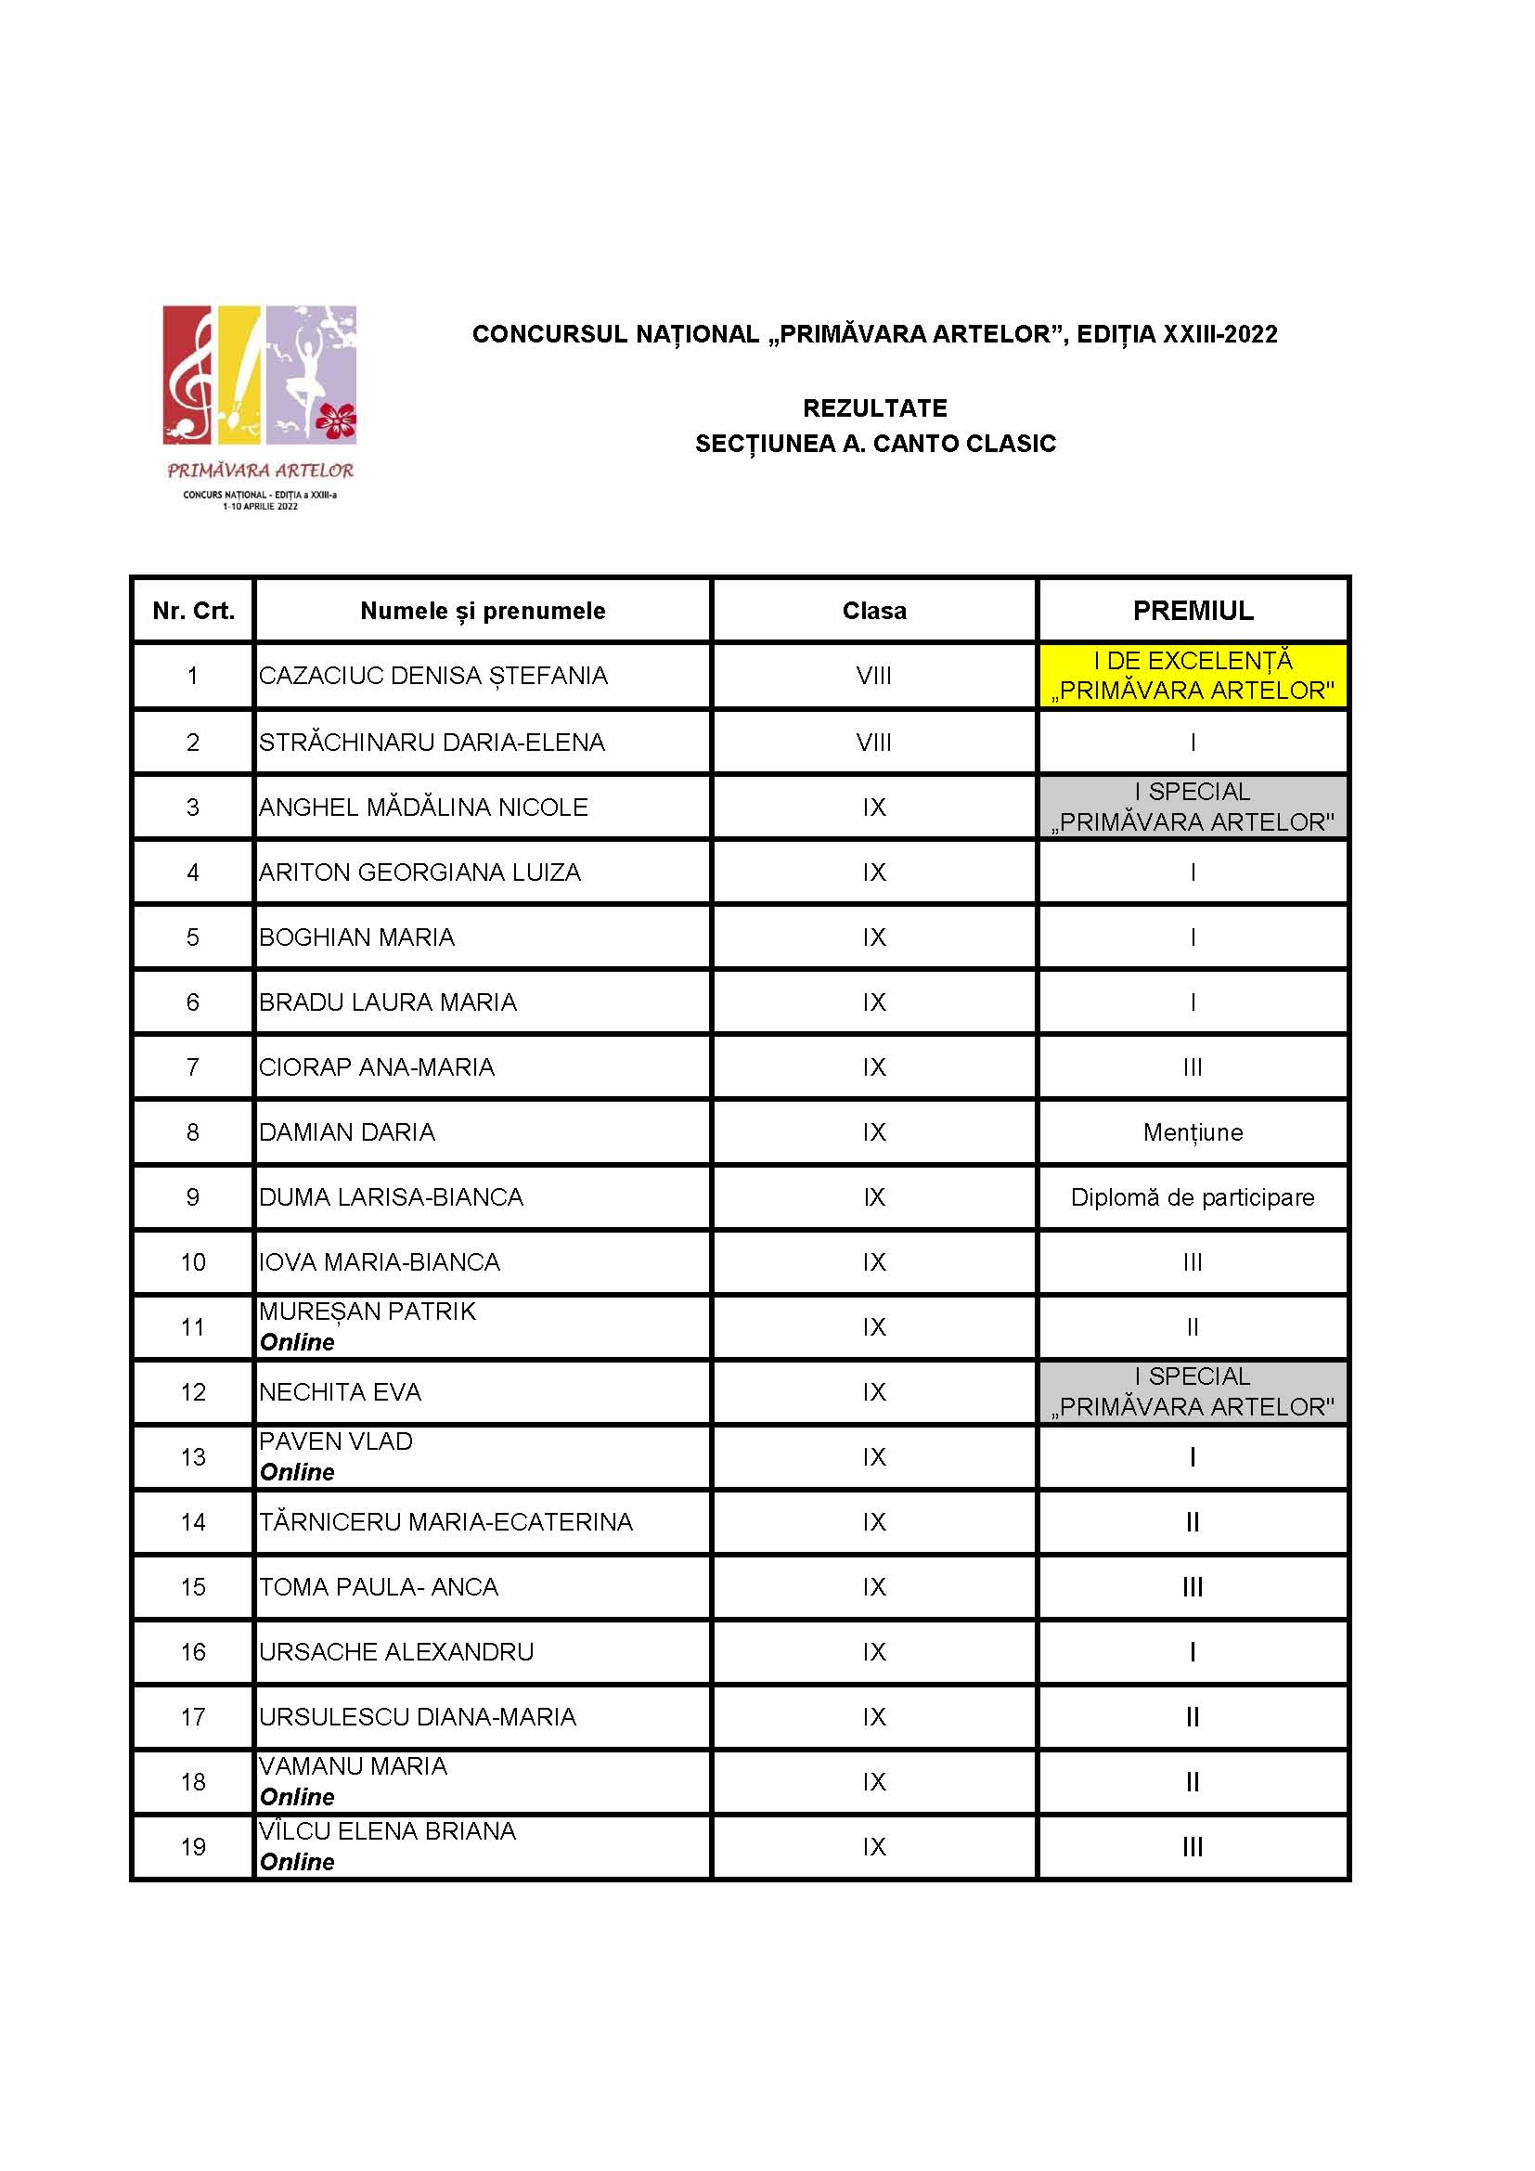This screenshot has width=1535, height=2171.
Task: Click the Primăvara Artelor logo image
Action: click(260, 407)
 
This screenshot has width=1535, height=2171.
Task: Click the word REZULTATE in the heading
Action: click(874, 408)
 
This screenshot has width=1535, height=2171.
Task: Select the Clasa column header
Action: click(874, 611)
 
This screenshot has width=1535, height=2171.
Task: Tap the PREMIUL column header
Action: click(1193, 611)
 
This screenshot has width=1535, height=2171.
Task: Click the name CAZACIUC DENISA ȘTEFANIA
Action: click(432, 676)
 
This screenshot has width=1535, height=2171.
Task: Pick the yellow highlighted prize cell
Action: click(1193, 676)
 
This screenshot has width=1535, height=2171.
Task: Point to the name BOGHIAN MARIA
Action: click(356, 937)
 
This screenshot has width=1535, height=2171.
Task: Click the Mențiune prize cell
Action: click(1193, 1131)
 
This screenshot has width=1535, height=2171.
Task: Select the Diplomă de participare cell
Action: click(1193, 1197)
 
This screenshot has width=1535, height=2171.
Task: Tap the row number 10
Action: click(193, 1262)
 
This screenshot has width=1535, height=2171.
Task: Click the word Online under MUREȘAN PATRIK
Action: click(297, 1343)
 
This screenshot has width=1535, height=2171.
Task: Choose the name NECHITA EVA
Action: click(341, 1392)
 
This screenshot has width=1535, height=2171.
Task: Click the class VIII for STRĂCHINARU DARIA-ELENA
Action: click(874, 743)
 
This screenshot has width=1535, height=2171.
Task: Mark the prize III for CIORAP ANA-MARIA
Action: click(1193, 1067)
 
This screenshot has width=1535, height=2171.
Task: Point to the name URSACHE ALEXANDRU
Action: click(396, 1652)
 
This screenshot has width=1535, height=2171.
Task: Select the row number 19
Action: click(193, 1847)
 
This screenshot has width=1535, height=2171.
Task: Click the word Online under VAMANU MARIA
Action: click(297, 1798)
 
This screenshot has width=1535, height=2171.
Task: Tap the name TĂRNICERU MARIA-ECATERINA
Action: click(445, 1521)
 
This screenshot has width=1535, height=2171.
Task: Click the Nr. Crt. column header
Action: click(193, 611)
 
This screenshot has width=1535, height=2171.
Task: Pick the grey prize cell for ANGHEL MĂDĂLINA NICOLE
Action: click(1193, 807)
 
